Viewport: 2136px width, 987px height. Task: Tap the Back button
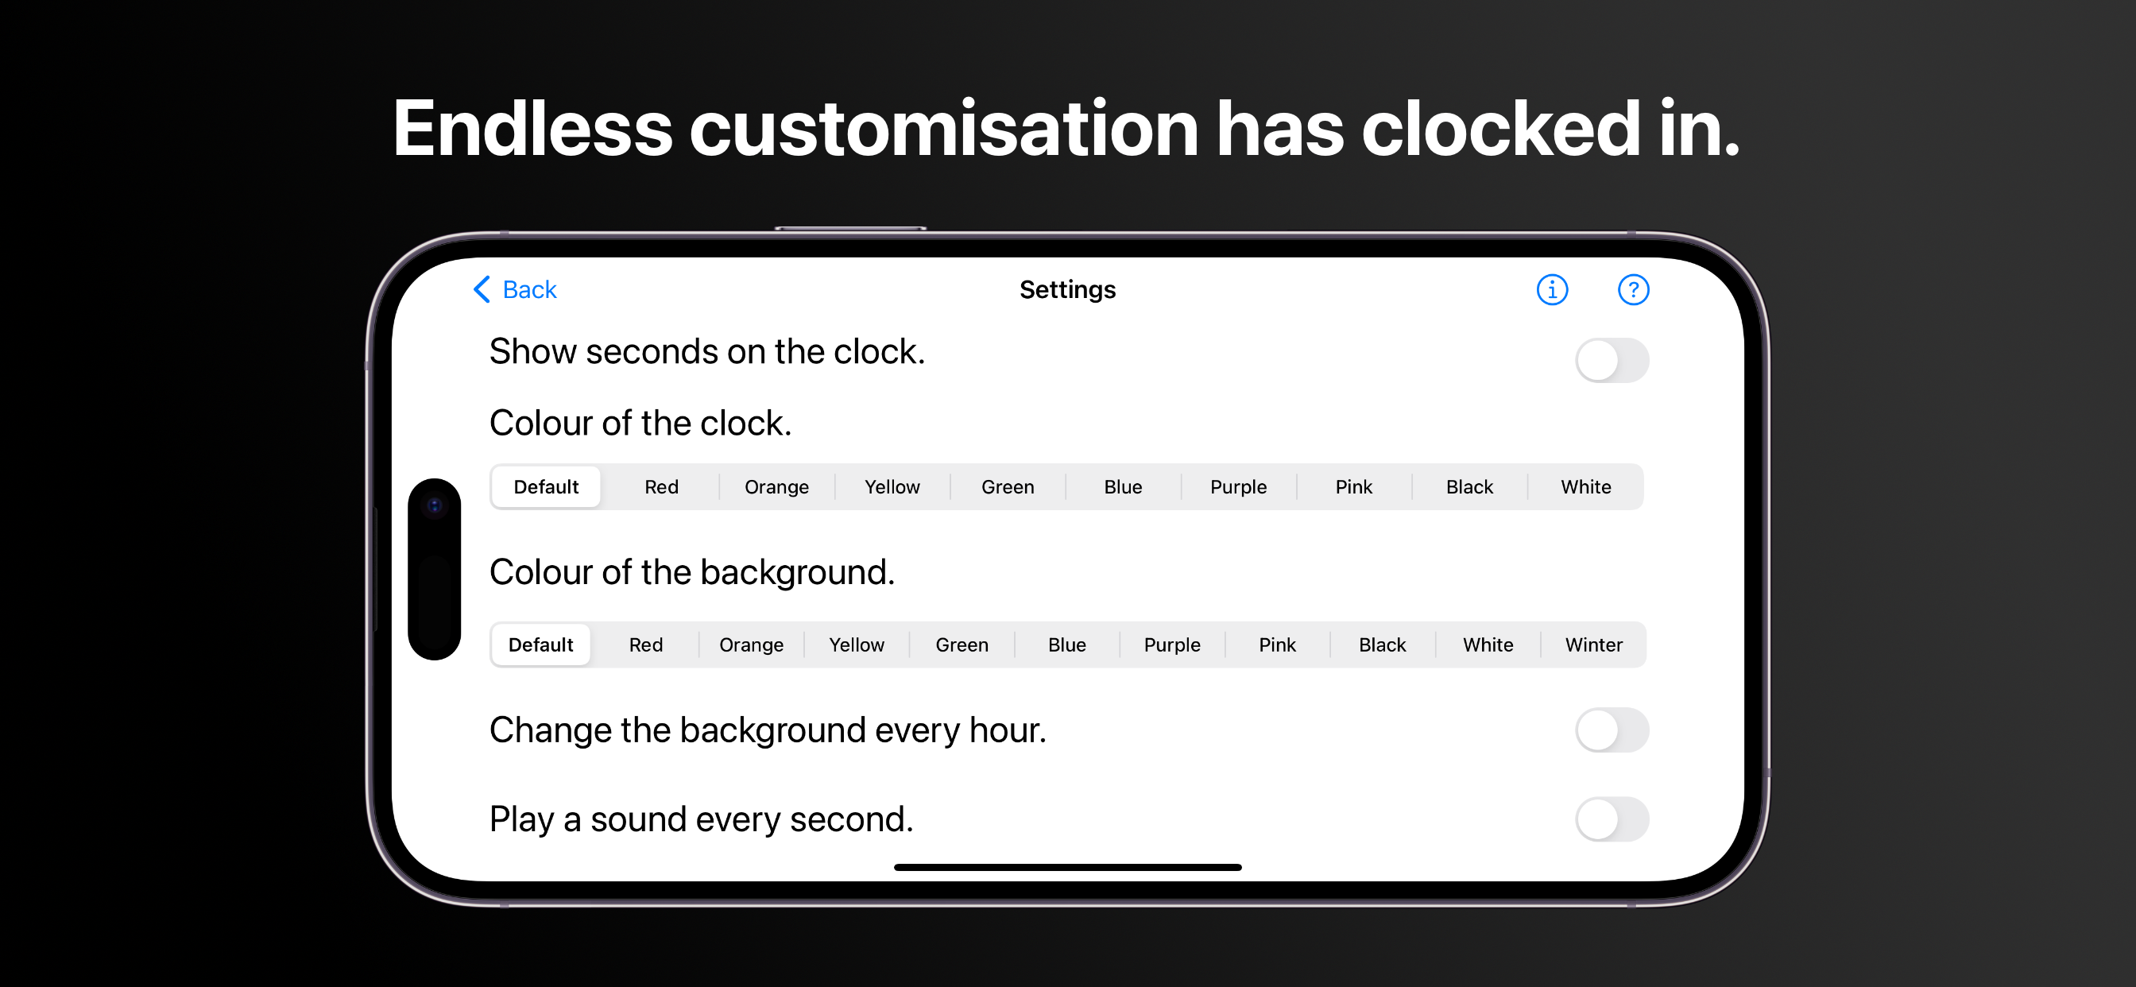click(x=514, y=289)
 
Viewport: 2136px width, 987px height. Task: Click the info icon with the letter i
click(x=1551, y=289)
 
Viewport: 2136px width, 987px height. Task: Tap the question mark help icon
click(x=1633, y=289)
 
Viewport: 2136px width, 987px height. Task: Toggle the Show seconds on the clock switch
click(x=1612, y=360)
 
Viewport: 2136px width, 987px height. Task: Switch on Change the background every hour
click(x=1612, y=730)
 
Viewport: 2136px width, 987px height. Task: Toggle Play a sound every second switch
click(x=1612, y=819)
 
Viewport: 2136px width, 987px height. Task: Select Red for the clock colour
click(x=661, y=487)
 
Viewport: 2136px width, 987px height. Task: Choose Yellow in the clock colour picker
click(x=892, y=487)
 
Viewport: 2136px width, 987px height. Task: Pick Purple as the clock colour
click(x=1238, y=487)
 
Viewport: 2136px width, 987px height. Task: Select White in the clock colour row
click(x=1585, y=487)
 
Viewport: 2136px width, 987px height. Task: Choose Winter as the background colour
click(x=1594, y=644)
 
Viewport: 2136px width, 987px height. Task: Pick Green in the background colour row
click(x=962, y=644)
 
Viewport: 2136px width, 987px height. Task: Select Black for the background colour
click(x=1382, y=644)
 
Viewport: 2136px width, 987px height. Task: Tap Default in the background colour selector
click(x=540, y=644)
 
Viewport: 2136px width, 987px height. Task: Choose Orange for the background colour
click(x=751, y=644)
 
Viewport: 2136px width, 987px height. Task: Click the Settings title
click(x=1067, y=289)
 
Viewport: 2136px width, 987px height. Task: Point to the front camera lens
click(x=435, y=505)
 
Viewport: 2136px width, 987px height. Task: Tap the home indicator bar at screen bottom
click(x=1067, y=868)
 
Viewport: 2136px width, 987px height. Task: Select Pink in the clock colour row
click(x=1353, y=487)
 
